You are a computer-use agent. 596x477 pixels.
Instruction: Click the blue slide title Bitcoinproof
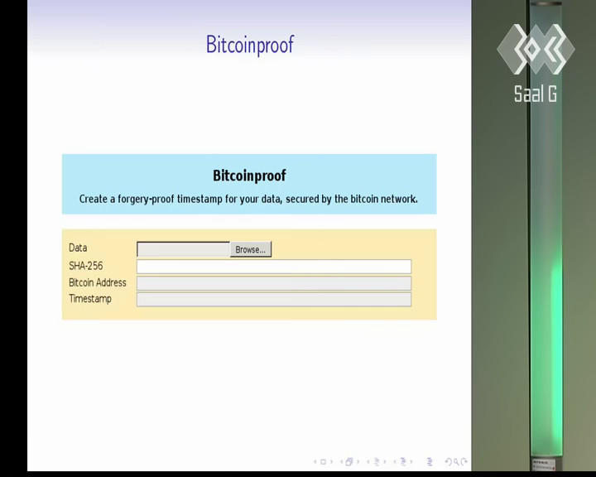click(250, 45)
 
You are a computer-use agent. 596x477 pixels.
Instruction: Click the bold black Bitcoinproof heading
click(249, 176)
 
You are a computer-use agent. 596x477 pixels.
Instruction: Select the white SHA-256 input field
click(274, 267)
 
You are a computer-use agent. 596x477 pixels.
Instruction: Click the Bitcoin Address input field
click(274, 283)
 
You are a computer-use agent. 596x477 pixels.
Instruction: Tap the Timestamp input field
click(274, 299)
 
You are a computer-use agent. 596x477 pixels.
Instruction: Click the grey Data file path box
click(183, 249)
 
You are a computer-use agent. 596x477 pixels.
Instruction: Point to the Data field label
click(78, 248)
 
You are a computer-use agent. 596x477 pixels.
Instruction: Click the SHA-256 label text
click(85, 266)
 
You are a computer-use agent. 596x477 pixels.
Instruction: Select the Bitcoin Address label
click(98, 282)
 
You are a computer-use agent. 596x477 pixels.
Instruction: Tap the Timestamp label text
click(90, 299)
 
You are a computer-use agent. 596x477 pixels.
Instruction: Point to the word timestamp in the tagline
click(199, 199)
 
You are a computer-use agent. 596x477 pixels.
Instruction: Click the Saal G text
click(536, 94)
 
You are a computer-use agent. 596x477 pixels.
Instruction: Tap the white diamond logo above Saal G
click(536, 49)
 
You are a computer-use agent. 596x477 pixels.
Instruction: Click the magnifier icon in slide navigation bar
click(456, 462)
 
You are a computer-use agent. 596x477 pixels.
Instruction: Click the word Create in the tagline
click(93, 199)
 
